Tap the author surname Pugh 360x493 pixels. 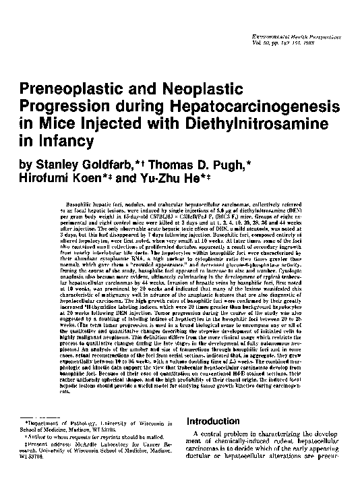coord(252,164)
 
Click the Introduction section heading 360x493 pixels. coord(220,421)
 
